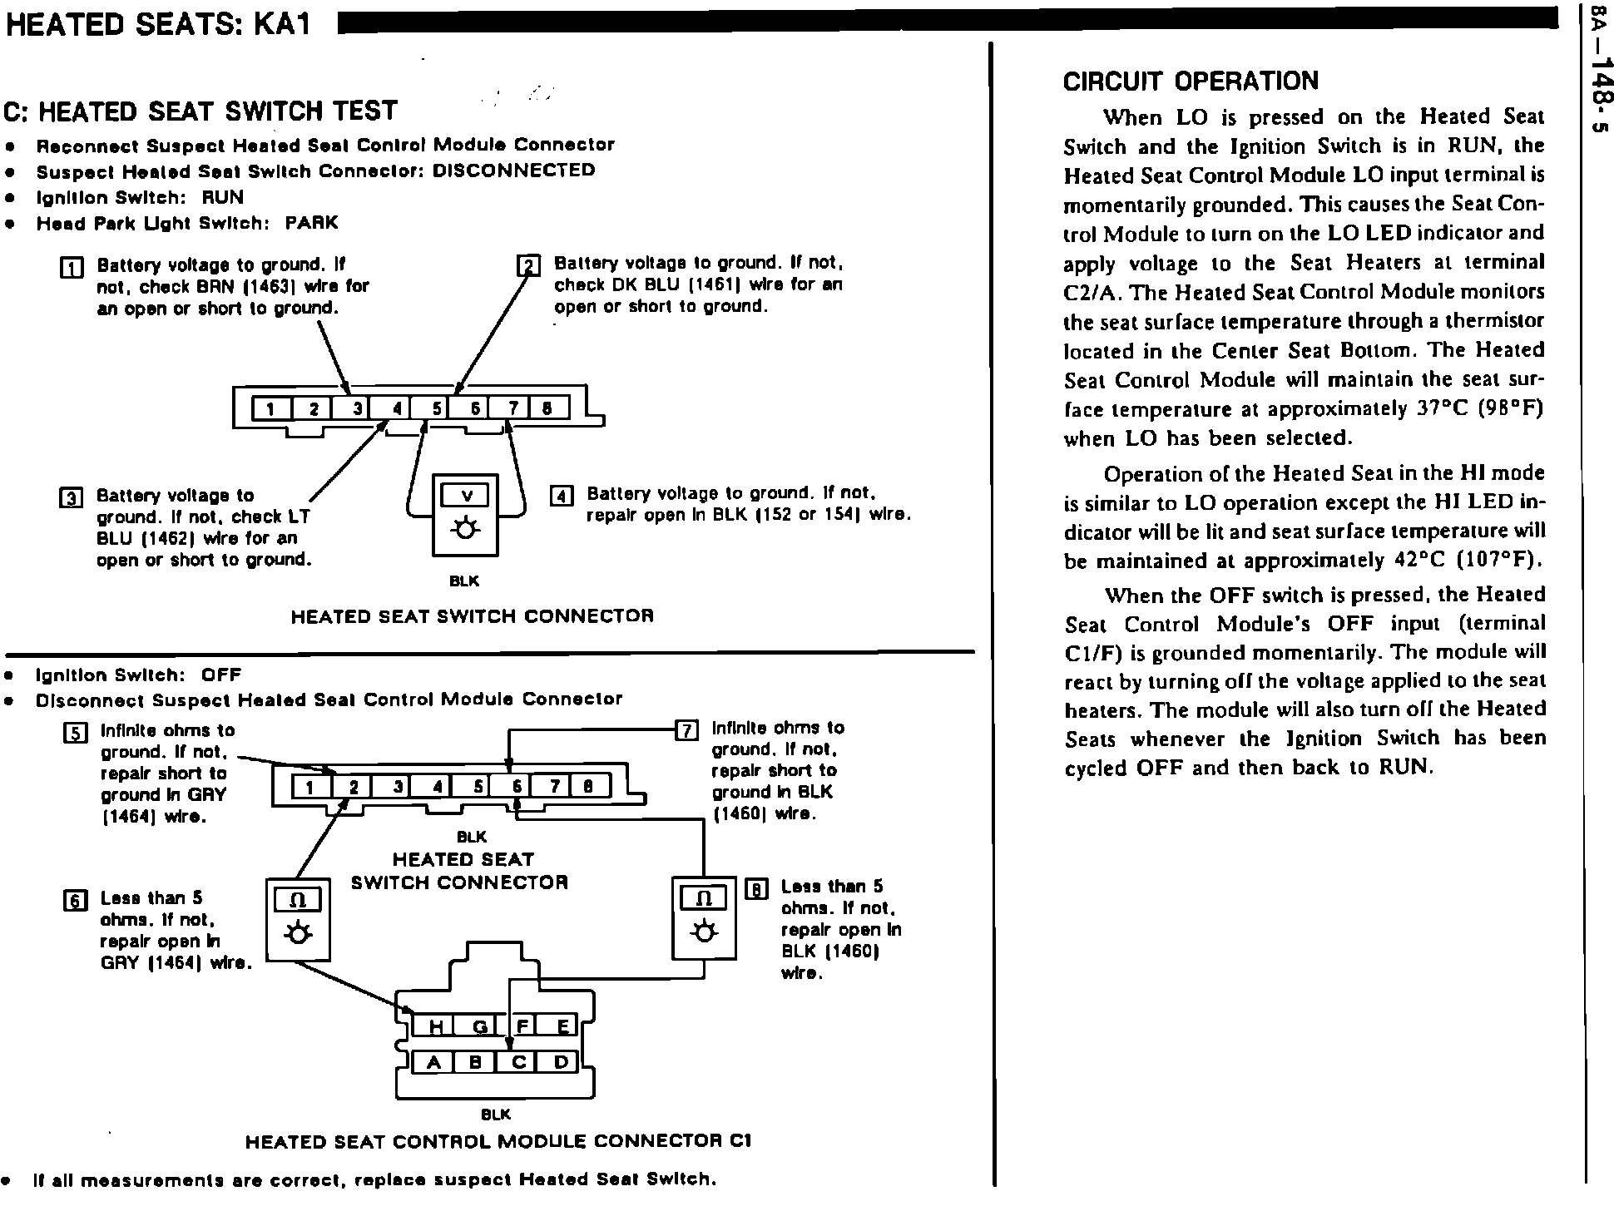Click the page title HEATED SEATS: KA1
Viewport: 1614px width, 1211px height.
pyautogui.click(x=158, y=25)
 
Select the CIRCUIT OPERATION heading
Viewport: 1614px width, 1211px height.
pyautogui.click(x=1191, y=82)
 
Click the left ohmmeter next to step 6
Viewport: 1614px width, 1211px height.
pyautogui.click(x=297, y=918)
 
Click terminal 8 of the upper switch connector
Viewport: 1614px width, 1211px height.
pyautogui.click(x=547, y=408)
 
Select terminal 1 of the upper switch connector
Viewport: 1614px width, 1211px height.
pyautogui.click(x=270, y=408)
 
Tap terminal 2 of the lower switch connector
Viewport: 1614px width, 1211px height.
pyautogui.click(x=353, y=786)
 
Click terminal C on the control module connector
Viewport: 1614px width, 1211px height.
pyautogui.click(x=517, y=1062)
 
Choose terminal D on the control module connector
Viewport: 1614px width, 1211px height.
pyautogui.click(x=560, y=1062)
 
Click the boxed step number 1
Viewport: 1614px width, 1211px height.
pyautogui.click(x=72, y=268)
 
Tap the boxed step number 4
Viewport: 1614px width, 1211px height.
pyautogui.click(x=562, y=497)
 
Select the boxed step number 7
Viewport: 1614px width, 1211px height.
pyautogui.click(x=686, y=731)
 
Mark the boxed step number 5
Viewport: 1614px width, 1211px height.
pyautogui.click(x=75, y=733)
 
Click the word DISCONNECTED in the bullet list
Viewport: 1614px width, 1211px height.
pyautogui.click(x=513, y=171)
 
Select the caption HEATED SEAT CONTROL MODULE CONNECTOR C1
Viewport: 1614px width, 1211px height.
pyautogui.click(x=498, y=1142)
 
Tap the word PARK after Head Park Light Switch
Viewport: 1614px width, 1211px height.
pyautogui.click(x=311, y=223)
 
